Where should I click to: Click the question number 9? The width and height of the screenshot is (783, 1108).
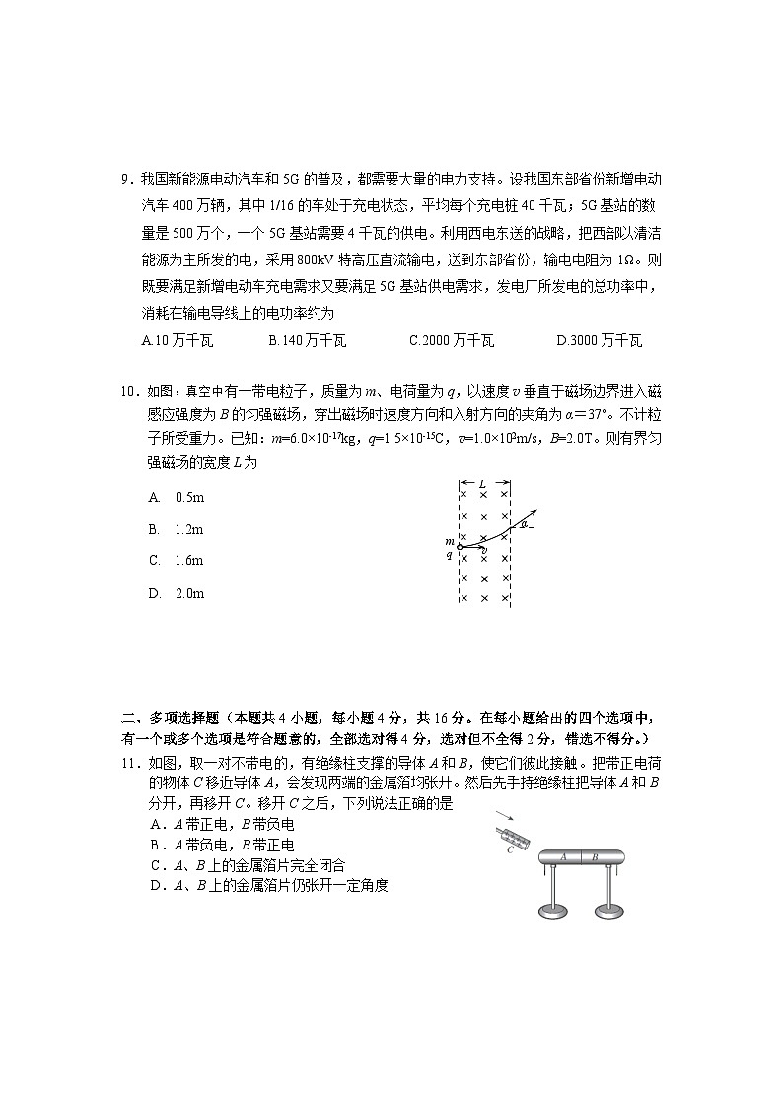click(125, 180)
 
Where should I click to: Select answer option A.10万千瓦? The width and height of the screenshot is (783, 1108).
click(178, 341)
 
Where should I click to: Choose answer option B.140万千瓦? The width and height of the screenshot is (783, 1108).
click(307, 341)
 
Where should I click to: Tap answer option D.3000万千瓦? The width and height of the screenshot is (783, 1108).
click(599, 341)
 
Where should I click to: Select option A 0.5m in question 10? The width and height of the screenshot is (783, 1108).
click(177, 497)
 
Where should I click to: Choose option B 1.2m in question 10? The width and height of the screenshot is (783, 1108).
click(177, 529)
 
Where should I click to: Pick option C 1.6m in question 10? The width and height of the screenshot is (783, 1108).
click(177, 561)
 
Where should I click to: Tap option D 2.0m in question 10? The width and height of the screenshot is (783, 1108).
click(177, 594)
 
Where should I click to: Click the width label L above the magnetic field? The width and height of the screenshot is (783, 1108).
click(482, 484)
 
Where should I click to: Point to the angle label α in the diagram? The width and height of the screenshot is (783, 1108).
click(525, 525)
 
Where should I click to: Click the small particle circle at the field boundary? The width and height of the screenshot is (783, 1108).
click(460, 546)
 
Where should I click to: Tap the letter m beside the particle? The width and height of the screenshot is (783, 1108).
click(449, 542)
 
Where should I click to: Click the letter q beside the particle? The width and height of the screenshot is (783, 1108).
click(449, 555)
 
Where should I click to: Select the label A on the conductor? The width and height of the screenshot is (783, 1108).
click(562, 857)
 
